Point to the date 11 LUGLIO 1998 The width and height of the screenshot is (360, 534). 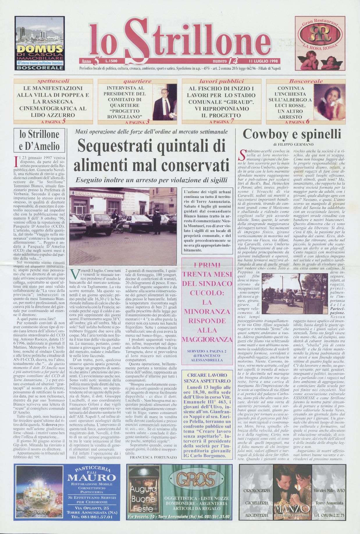click(263, 61)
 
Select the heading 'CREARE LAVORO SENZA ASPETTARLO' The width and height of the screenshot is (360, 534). click(207, 378)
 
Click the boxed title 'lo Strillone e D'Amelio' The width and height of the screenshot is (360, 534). click(39, 140)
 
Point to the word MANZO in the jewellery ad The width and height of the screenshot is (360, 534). click(293, 509)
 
